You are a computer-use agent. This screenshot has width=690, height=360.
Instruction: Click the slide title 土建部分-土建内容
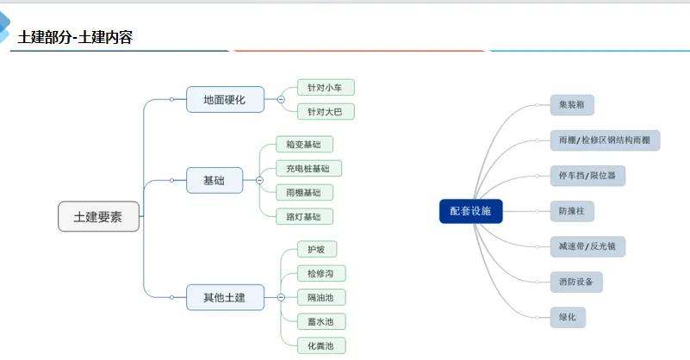coord(75,37)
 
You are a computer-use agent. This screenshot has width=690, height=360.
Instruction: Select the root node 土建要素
coord(98,217)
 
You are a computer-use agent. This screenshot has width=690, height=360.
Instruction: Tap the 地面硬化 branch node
coord(224,100)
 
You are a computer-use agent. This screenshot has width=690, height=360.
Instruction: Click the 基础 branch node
coord(214,180)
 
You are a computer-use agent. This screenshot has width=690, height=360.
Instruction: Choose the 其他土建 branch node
coord(224,297)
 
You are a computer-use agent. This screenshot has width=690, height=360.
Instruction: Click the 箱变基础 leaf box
coord(304,145)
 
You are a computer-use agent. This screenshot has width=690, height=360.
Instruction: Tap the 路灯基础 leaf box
coord(304,216)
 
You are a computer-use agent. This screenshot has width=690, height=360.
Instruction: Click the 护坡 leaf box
coord(316,250)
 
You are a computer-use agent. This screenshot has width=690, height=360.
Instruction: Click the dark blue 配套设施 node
coord(470,211)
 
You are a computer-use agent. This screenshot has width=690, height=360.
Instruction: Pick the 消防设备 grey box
coord(576,281)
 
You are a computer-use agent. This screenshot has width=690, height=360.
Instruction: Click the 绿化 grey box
coord(568,317)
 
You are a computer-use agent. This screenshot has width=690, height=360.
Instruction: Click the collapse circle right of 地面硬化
coord(280,100)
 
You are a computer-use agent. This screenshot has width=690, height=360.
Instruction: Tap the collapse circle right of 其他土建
coord(280,297)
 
